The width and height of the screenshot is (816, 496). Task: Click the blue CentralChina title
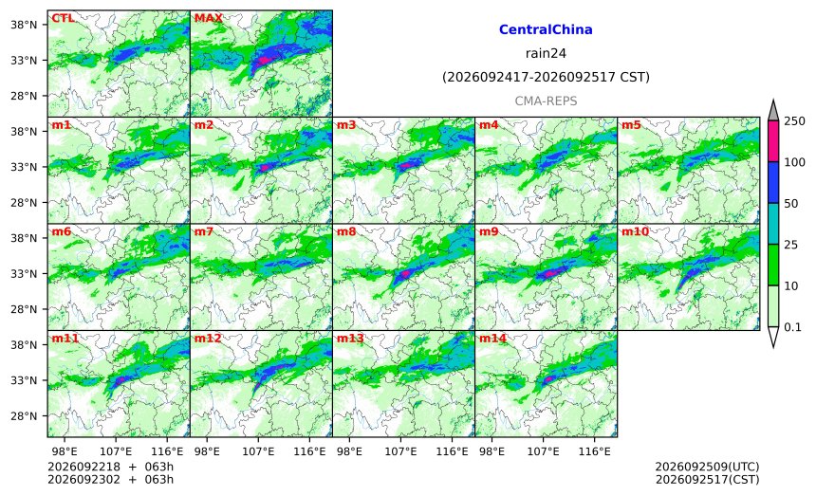(x=546, y=29)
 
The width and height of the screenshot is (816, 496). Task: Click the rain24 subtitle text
(x=546, y=53)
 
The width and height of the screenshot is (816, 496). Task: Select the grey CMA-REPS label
(x=546, y=101)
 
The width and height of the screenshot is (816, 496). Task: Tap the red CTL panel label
(x=63, y=18)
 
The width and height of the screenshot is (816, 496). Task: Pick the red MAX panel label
(x=208, y=18)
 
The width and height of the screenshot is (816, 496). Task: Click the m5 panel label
(x=631, y=125)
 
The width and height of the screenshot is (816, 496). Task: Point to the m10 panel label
(x=635, y=231)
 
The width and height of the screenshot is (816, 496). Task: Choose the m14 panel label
(x=492, y=339)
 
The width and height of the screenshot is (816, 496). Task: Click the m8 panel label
(x=346, y=231)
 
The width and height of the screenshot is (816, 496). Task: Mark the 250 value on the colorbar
(x=795, y=121)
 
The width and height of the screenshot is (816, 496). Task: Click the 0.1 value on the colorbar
(x=792, y=327)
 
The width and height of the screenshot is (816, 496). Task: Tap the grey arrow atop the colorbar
(x=772, y=110)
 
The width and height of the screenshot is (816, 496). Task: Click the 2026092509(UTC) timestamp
(x=707, y=467)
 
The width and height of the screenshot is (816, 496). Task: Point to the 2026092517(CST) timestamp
(x=707, y=479)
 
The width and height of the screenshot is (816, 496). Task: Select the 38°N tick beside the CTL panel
(x=24, y=25)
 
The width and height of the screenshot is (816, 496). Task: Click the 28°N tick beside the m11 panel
(x=24, y=416)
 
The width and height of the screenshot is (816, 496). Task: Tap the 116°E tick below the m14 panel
(x=594, y=451)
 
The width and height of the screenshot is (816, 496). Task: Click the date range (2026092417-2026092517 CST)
(x=546, y=78)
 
